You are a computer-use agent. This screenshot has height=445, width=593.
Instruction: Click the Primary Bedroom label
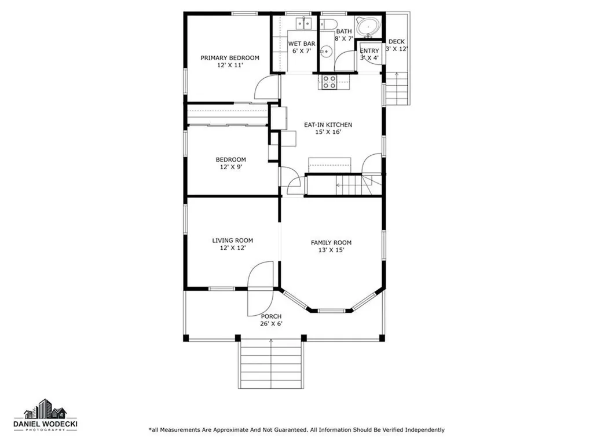coord(230,58)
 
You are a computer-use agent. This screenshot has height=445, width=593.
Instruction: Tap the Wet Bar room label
coord(302,44)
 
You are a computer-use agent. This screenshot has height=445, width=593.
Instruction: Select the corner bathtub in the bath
coord(368,27)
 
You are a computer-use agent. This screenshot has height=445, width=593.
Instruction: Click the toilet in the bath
coord(328,23)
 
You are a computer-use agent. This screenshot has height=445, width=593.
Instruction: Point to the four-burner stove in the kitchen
coord(329,82)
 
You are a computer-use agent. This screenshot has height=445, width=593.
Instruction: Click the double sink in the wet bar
coord(303,23)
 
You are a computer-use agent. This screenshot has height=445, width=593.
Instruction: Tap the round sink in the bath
coord(325,51)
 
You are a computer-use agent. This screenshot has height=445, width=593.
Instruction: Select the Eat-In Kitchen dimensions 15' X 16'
coord(328,132)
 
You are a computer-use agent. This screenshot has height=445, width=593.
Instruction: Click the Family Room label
coord(331,243)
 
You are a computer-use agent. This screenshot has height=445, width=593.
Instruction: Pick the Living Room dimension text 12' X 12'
coord(233,248)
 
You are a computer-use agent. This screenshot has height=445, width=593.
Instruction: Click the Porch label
coord(271,316)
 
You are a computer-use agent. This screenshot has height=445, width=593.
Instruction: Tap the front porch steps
coord(271,364)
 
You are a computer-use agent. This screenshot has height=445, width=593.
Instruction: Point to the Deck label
coord(397,42)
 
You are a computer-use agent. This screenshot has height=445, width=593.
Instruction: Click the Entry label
coord(369,51)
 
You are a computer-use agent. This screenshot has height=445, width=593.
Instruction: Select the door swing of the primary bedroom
coord(267,87)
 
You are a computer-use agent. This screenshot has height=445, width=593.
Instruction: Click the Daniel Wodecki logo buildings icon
coord(45,408)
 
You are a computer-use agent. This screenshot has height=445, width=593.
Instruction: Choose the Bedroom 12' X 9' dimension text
coord(231,167)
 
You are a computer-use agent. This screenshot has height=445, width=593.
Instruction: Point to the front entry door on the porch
coord(260,289)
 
